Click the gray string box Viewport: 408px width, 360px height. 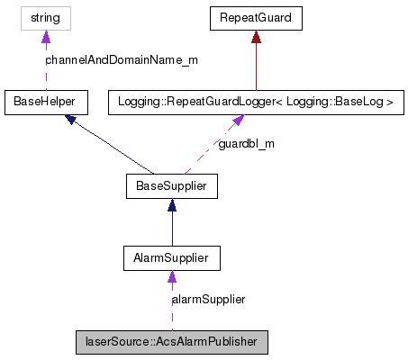pos(46,17)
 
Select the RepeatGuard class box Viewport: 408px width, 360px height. pos(256,17)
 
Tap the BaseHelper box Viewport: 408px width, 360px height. pos(46,102)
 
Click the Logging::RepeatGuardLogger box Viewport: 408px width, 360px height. pos(256,102)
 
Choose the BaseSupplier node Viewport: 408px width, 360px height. pos(171,186)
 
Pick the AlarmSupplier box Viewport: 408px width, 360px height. pos(171,258)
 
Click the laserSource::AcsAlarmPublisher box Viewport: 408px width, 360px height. pos(171,342)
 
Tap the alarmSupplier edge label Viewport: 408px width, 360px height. pos(209,299)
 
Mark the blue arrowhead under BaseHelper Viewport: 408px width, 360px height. pos(72,119)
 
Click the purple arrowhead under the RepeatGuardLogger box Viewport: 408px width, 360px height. pos(237,120)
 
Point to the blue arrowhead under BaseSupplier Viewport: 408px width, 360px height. pos(171,204)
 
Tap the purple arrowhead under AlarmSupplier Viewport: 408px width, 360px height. pos(171,275)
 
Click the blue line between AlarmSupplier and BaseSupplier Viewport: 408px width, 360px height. pos(171,229)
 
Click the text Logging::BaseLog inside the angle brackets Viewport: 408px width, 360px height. pos(346,102)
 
